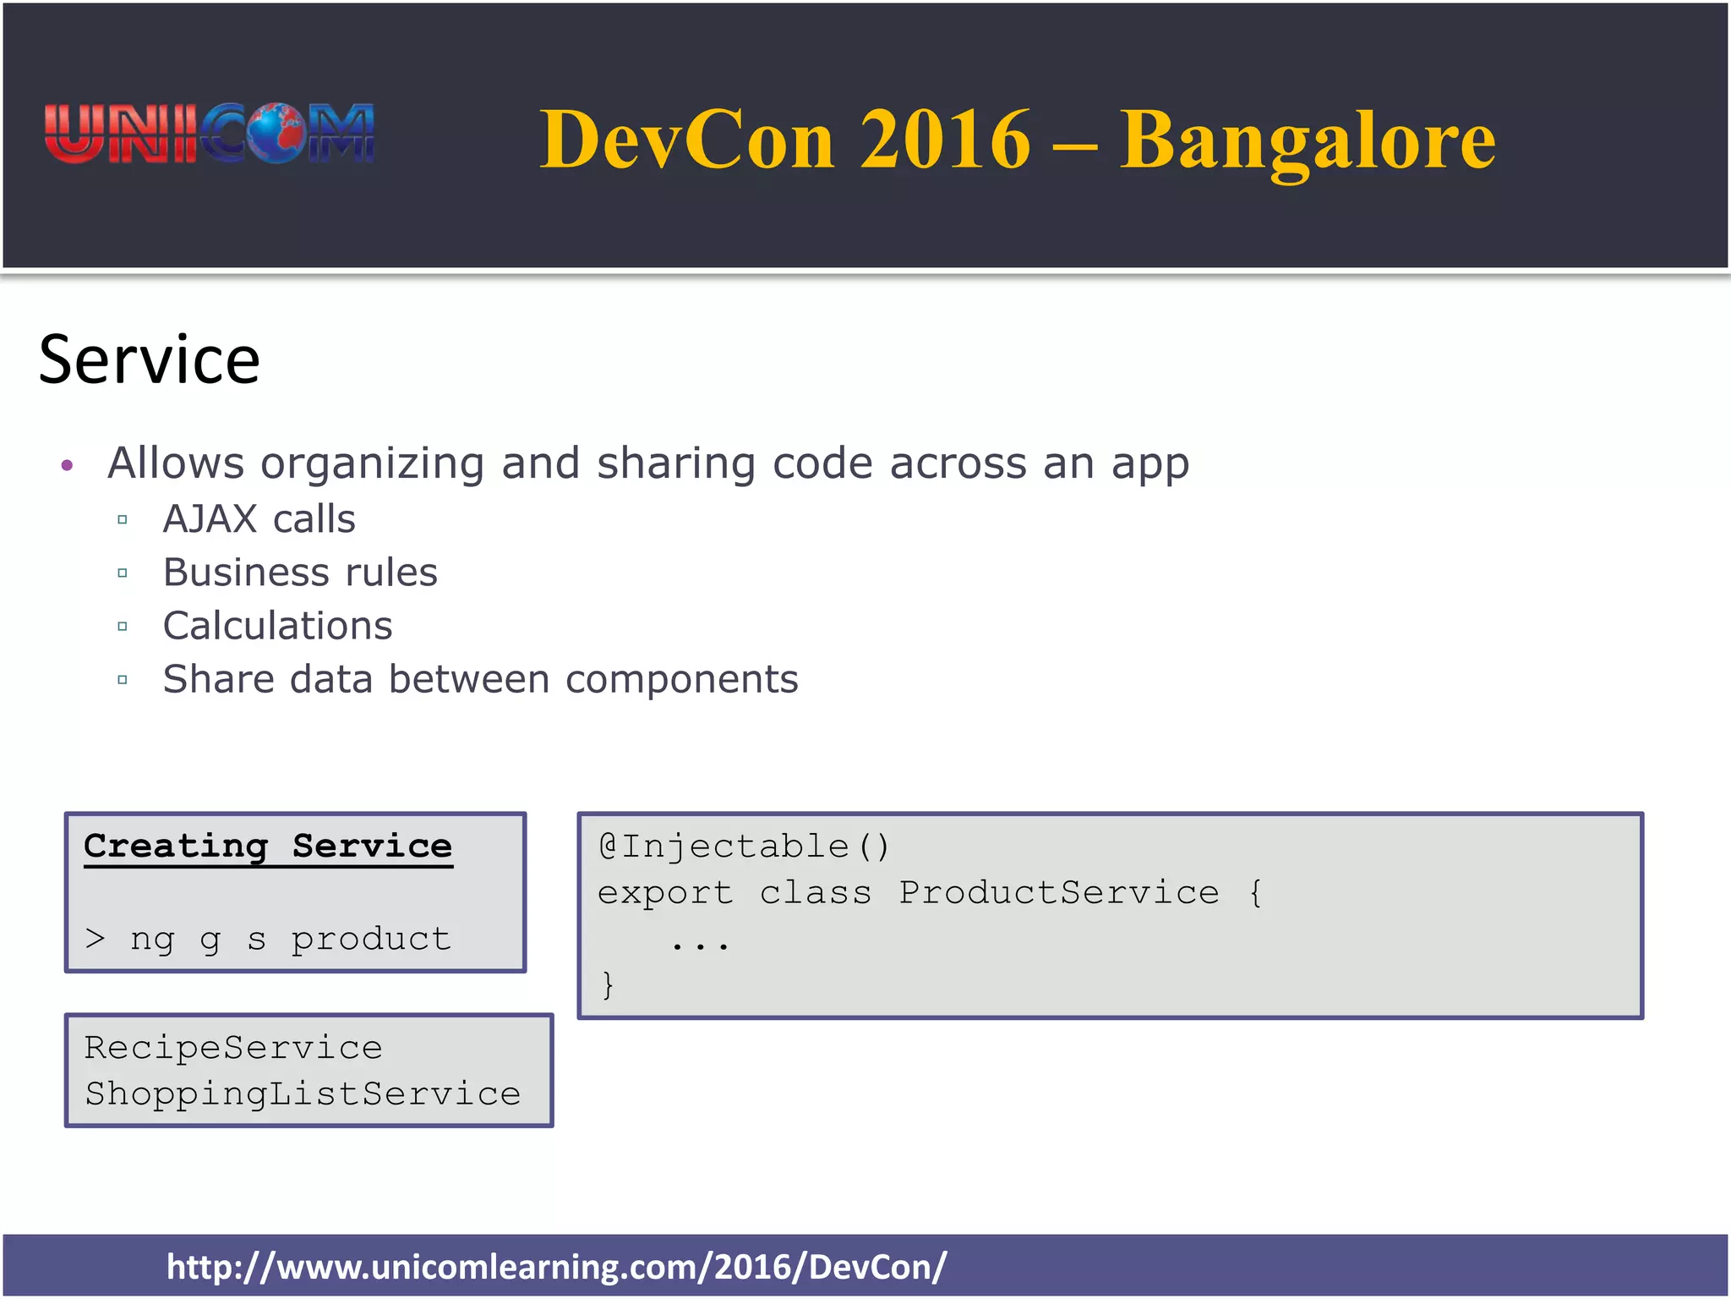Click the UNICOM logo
point(209,134)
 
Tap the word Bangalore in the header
point(1308,141)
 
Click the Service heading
point(150,360)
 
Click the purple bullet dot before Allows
point(68,465)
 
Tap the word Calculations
point(277,627)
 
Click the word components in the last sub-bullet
point(681,680)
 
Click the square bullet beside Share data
point(123,680)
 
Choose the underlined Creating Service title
point(268,847)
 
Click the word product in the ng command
point(371,939)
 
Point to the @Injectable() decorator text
point(744,847)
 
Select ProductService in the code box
point(1058,893)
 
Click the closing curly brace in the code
point(607,985)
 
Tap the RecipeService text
point(233,1049)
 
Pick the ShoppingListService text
point(303,1094)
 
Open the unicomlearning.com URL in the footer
point(556,1267)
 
